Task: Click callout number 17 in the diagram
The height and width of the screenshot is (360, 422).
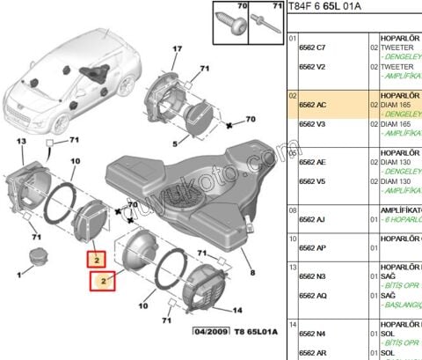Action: click(177, 49)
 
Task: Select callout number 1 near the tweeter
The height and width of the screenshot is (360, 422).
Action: click(16, 275)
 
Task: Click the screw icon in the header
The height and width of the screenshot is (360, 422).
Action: click(225, 19)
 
